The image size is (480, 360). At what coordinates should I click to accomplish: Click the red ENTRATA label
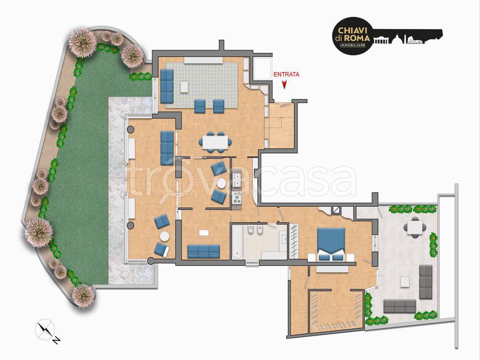click(x=286, y=75)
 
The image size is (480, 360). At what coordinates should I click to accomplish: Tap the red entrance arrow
click(x=285, y=85)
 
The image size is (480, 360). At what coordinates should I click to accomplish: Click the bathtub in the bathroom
click(x=237, y=242)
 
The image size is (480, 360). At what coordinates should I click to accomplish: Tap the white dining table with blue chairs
click(x=215, y=142)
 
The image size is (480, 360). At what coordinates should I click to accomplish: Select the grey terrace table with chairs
click(x=415, y=227)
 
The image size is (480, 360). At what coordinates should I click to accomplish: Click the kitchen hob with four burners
click(x=237, y=197)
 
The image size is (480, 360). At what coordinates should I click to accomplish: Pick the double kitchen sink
click(x=237, y=180)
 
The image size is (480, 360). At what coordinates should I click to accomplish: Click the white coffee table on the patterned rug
click(x=185, y=86)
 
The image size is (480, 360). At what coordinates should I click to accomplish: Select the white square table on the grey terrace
click(x=405, y=282)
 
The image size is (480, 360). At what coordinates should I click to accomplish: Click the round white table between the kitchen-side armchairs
click(x=221, y=183)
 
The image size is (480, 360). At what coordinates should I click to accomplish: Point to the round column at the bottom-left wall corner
click(x=150, y=261)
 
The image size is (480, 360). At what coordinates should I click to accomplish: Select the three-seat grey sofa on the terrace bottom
click(x=400, y=306)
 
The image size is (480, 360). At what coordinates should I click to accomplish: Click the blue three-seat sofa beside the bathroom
click(x=203, y=251)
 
